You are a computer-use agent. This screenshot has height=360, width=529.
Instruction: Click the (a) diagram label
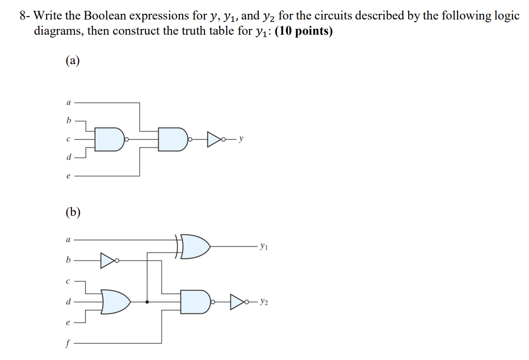click(x=72, y=61)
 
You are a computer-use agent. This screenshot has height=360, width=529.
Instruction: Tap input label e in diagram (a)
click(x=69, y=176)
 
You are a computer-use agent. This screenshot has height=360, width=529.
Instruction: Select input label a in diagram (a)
click(x=69, y=102)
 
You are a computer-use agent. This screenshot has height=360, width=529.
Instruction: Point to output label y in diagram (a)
click(x=242, y=140)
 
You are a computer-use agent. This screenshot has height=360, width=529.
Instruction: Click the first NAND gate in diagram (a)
click(x=109, y=139)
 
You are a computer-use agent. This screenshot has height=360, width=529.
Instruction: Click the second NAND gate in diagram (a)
click(x=173, y=139)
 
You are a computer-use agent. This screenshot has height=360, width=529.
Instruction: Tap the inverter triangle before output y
click(x=214, y=140)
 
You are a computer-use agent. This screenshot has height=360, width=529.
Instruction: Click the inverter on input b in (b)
click(x=107, y=260)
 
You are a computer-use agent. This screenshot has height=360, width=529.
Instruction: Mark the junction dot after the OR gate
click(x=147, y=302)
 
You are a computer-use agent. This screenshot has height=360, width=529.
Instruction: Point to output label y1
click(x=264, y=247)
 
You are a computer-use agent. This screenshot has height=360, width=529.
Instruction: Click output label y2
click(x=265, y=302)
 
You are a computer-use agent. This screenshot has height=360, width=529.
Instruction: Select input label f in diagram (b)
click(x=69, y=342)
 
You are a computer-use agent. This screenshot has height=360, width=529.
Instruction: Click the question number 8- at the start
click(x=25, y=15)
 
